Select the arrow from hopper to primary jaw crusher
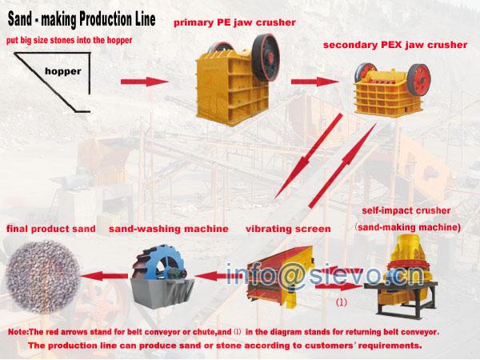point(146,82)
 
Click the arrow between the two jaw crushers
point(313,81)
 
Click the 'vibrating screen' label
point(289,229)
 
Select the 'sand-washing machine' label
point(169,229)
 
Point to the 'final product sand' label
point(51,229)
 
